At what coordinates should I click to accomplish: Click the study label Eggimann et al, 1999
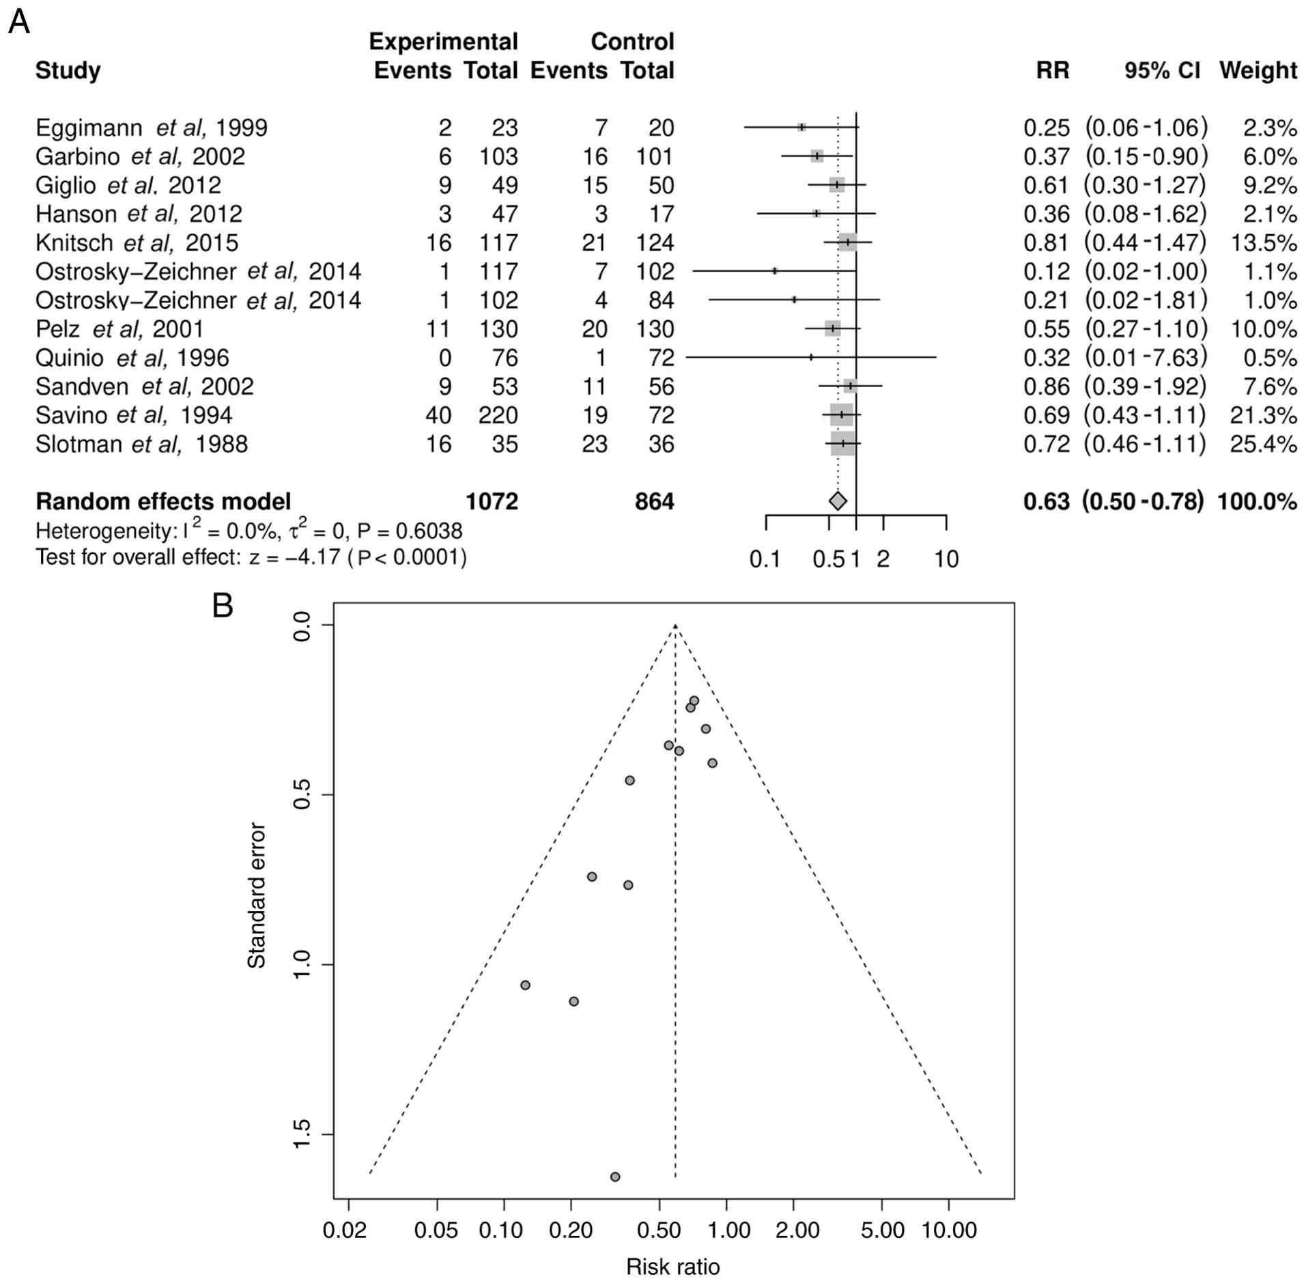pos(151,128)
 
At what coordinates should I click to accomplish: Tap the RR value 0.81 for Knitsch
pos(1046,243)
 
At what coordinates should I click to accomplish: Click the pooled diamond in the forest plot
pos(838,501)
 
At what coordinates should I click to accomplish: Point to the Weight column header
pos(1258,70)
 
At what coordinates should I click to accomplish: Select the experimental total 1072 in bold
pos(492,502)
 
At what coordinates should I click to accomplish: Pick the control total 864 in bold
pos(653,502)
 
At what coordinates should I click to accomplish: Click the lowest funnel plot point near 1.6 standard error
pos(615,1176)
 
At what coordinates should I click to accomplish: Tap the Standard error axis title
pos(256,895)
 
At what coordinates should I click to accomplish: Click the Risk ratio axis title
pos(672,1267)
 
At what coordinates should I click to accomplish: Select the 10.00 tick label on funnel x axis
pos(948,1230)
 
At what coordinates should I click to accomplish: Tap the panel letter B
pos(223,606)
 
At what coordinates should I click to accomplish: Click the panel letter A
pos(19,23)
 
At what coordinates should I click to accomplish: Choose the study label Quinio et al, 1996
pos(132,358)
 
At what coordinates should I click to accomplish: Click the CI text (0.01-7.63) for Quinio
pos(1146,358)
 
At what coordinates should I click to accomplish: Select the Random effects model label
pos(163,502)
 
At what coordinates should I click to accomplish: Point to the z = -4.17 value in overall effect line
pos(294,558)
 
